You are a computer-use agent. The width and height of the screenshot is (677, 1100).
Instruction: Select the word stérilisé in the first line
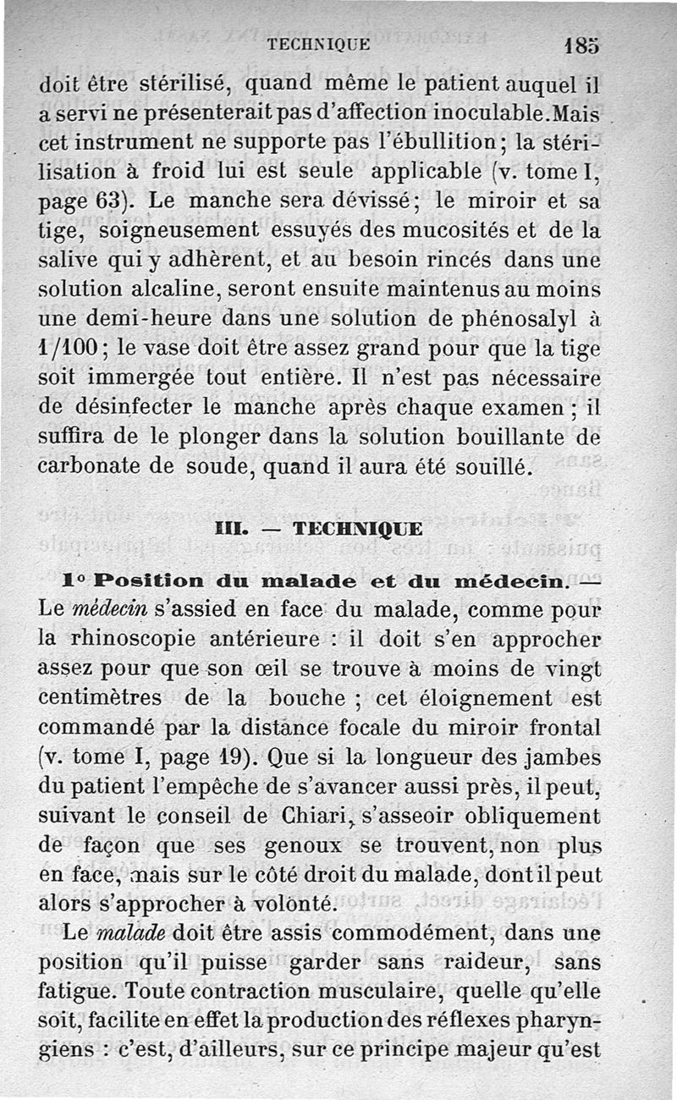[x=179, y=85]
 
